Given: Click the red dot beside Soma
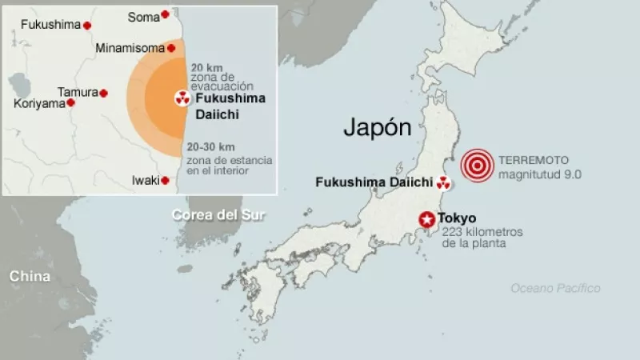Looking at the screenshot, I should click(x=165, y=14).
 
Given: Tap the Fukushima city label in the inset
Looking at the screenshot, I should click(x=50, y=25).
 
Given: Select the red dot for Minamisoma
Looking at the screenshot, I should click(x=170, y=48).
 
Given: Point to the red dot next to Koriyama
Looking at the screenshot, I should click(x=70, y=102).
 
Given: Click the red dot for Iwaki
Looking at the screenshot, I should click(x=165, y=181).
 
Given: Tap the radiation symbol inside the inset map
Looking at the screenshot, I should click(x=182, y=99).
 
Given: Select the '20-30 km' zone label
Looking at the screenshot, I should click(x=210, y=147).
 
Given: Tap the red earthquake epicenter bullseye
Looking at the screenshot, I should click(x=477, y=166).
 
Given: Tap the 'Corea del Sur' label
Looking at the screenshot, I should click(x=218, y=214).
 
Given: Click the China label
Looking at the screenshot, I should click(x=30, y=276).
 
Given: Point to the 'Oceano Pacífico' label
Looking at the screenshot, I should click(x=555, y=288).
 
